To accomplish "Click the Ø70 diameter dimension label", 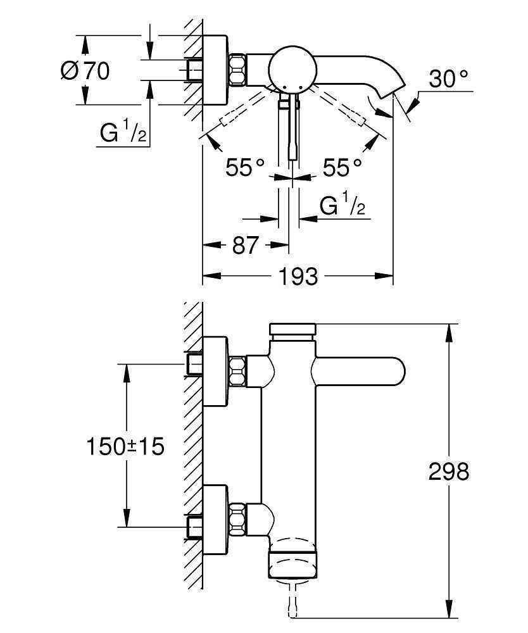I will tap(85, 70).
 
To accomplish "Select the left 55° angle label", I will tap(245, 167).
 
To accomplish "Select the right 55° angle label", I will tap(343, 167).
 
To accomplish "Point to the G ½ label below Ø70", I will tap(124, 133).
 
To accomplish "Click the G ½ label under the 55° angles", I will tap(343, 206).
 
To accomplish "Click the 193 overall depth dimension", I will tap(297, 276).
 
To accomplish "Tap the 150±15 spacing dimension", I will tap(125, 446).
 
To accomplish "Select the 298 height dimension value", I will tap(449, 472).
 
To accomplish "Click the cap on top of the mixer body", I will tap(292, 329).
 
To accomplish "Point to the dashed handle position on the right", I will tap(347, 111).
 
